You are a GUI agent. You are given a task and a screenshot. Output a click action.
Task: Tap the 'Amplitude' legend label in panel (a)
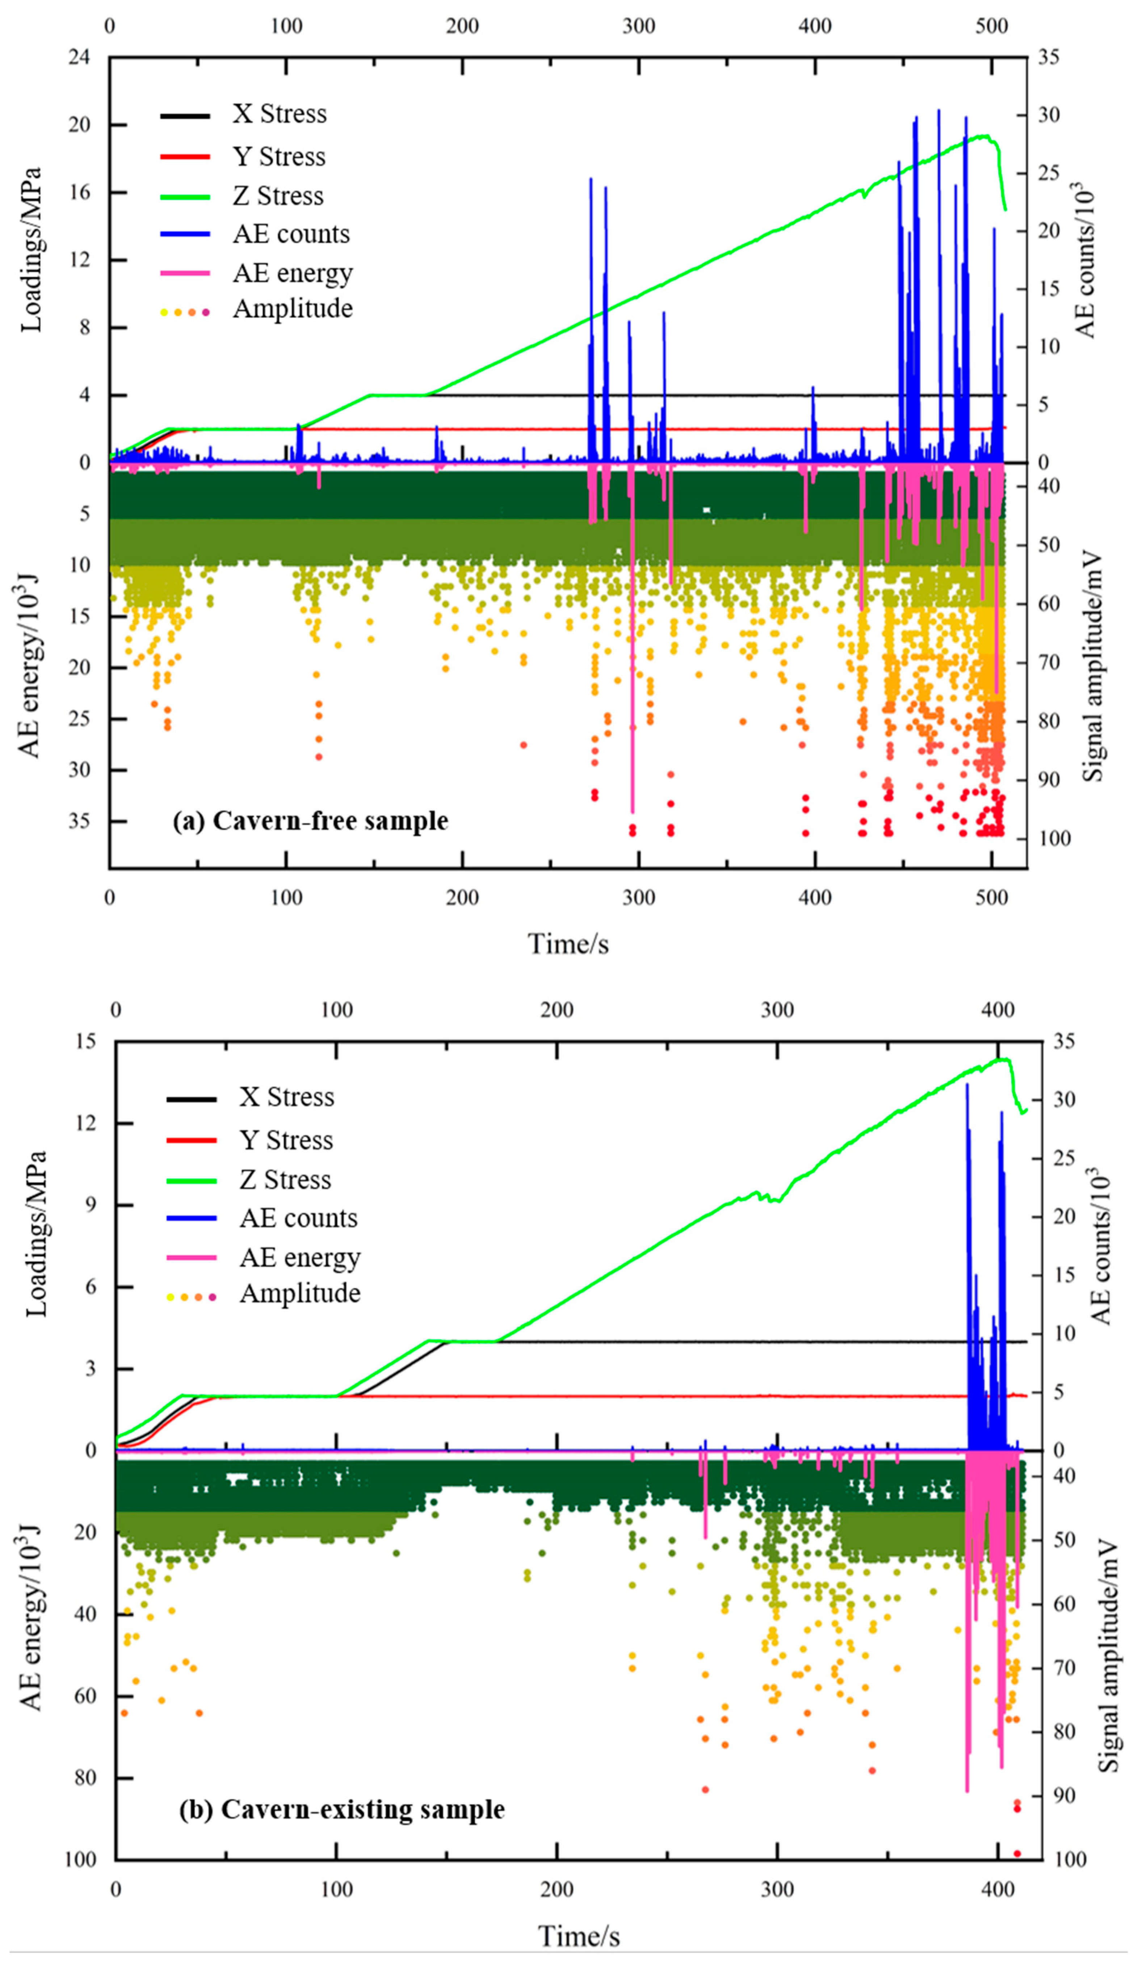[x=293, y=309]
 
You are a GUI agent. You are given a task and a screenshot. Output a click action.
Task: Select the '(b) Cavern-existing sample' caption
[x=341, y=1809]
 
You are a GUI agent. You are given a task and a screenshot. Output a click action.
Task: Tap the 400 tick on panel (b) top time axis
[x=998, y=1010]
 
